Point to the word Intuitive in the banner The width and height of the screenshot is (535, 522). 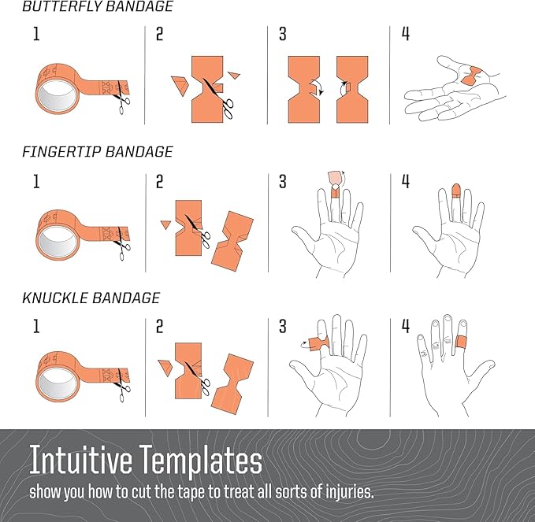(81, 460)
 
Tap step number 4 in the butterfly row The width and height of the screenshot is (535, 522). (405, 34)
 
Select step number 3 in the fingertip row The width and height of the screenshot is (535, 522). (283, 181)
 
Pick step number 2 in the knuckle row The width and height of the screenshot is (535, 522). (159, 326)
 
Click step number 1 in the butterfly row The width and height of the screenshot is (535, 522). (36, 34)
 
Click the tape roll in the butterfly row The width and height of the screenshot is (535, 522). (58, 89)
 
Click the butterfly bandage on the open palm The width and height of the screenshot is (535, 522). (472, 76)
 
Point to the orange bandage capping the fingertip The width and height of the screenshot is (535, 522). (456, 191)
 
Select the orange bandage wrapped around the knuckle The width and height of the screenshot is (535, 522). (462, 342)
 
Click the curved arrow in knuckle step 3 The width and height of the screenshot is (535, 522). (303, 346)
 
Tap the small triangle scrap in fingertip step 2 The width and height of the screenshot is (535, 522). (165, 224)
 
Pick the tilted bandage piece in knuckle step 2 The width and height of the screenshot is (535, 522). (232, 384)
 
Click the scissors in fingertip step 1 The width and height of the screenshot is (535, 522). (121, 244)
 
